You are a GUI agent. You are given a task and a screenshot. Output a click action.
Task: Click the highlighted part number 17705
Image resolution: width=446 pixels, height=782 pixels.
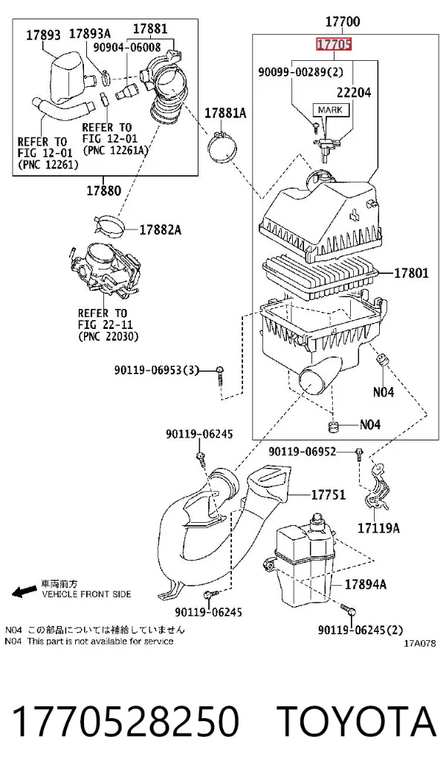(334, 45)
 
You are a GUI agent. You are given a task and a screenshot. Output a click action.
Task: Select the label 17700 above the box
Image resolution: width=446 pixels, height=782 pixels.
(343, 22)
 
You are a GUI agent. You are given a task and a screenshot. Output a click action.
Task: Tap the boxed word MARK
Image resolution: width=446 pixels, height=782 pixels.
(330, 109)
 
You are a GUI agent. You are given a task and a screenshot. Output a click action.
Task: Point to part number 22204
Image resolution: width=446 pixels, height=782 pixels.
(354, 92)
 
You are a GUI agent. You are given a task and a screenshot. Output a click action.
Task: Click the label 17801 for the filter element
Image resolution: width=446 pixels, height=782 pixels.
(411, 273)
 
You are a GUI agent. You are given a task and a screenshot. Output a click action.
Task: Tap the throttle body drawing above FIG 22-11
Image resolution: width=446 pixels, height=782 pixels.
(103, 270)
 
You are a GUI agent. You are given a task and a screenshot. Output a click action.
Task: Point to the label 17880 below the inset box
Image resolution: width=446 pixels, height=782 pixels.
(103, 190)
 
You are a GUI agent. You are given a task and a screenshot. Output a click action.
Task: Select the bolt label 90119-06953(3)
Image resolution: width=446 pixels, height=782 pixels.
(156, 370)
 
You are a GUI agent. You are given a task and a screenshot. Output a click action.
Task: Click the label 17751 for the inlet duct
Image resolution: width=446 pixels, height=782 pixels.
(329, 495)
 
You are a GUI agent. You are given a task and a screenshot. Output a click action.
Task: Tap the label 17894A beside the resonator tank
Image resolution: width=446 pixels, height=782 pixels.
(366, 584)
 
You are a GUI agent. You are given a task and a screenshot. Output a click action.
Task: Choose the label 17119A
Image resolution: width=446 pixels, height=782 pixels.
(378, 528)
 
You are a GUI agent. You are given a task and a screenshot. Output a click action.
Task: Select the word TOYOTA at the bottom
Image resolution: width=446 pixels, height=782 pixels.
(357, 721)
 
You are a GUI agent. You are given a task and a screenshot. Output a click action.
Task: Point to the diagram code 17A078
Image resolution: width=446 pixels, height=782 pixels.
(419, 643)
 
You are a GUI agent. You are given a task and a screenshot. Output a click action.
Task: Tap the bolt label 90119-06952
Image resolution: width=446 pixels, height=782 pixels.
(302, 452)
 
